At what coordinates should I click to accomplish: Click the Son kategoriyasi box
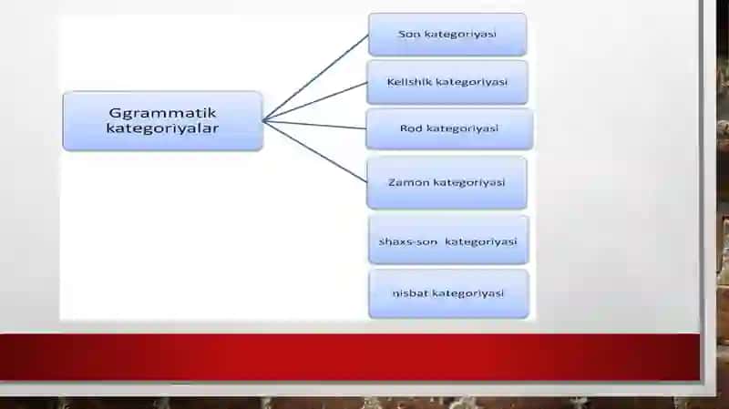tap(447, 35)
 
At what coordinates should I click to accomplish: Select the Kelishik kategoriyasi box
tap(447, 82)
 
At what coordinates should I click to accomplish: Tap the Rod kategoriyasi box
tap(449, 128)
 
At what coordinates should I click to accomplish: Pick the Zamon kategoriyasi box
tap(447, 183)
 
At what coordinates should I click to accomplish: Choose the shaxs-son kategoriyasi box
tap(448, 240)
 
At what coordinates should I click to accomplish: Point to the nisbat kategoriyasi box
tap(448, 293)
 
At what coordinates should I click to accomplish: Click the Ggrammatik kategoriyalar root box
tap(163, 121)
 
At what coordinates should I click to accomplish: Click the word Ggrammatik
tap(163, 113)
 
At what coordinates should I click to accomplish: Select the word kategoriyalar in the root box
tap(162, 128)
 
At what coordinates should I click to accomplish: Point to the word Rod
tap(411, 128)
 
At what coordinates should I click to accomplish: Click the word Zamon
tap(408, 182)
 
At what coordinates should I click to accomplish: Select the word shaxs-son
tap(408, 241)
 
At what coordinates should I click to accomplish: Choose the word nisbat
tap(410, 293)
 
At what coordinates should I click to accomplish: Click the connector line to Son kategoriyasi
tap(315, 77)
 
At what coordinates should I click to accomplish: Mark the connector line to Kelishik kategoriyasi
tap(315, 102)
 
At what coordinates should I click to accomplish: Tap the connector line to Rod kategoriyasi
tap(314, 125)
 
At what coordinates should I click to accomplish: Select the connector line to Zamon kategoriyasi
tap(315, 151)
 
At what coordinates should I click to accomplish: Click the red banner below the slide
tap(350, 357)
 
